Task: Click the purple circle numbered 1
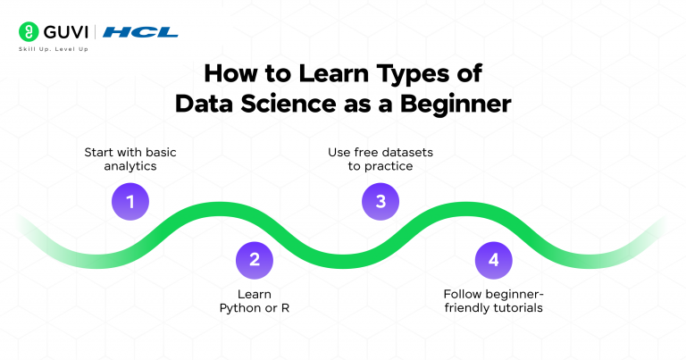[130, 202]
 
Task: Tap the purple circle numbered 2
[255, 260]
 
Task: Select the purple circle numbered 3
[381, 202]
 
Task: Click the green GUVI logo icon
[27, 32]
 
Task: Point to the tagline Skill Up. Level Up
[53, 49]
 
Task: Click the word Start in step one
[99, 152]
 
